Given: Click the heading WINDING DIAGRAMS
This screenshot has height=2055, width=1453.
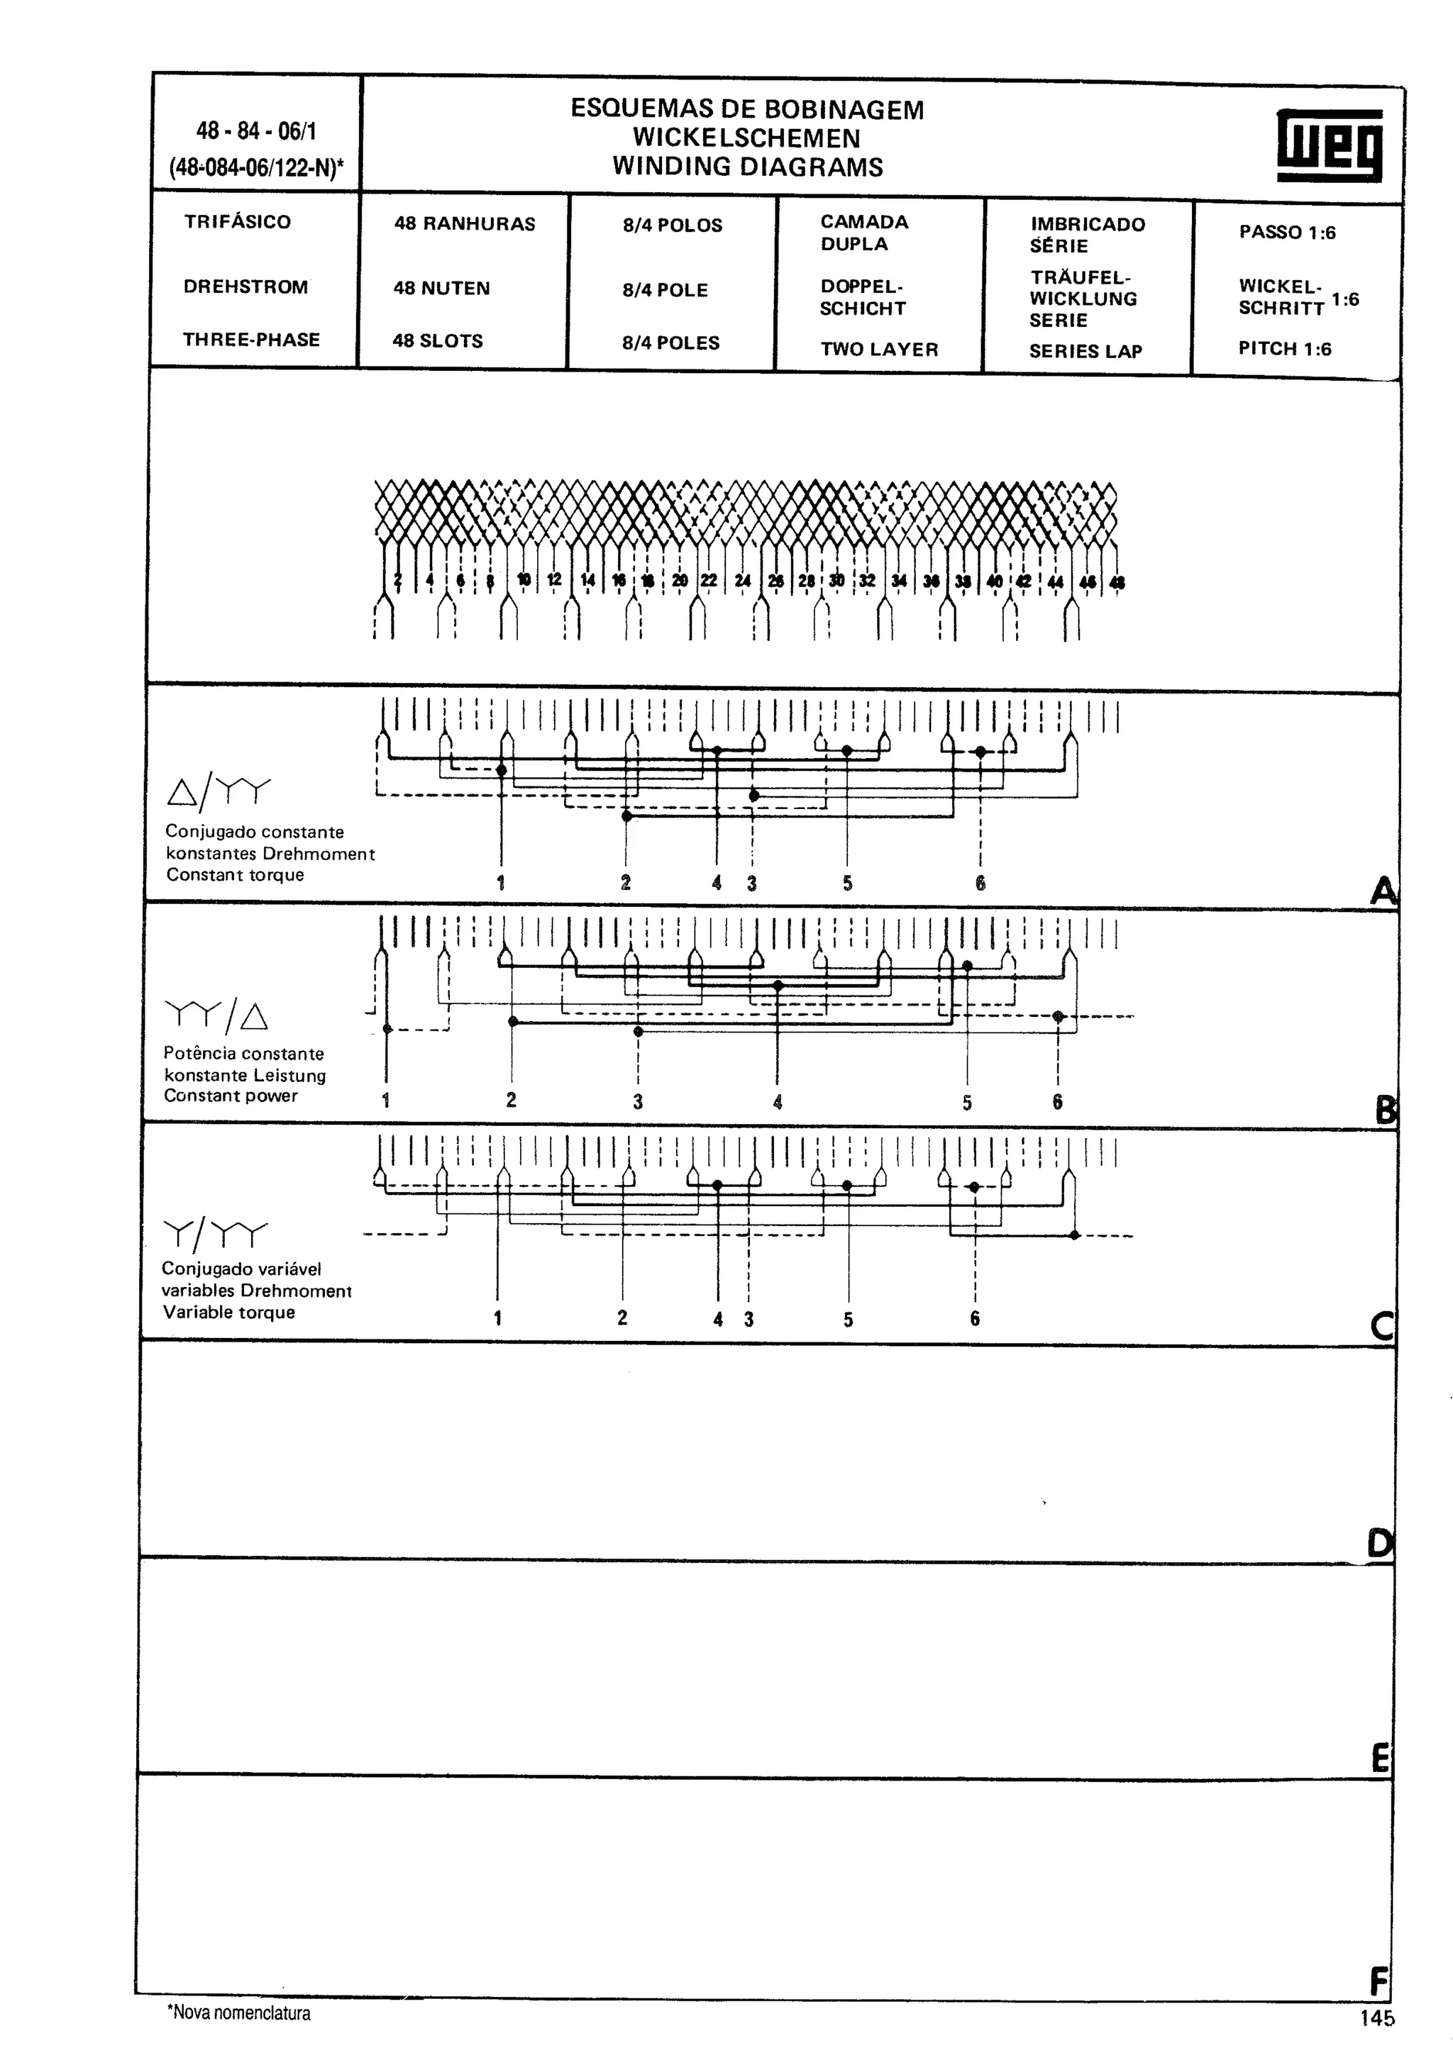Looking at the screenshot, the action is (748, 167).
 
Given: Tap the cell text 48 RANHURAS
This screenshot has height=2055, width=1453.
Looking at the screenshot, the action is (465, 224).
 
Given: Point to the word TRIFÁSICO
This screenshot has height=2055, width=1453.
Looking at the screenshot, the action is (237, 222).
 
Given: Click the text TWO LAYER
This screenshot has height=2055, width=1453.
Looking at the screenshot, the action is (879, 349).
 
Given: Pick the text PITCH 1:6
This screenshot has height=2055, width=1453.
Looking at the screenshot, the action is (1285, 348).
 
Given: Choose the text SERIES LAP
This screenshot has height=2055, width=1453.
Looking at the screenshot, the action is (1085, 351).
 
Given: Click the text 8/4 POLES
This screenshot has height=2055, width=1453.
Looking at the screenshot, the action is (670, 342).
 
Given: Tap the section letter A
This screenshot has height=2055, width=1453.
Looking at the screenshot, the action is (1383, 891).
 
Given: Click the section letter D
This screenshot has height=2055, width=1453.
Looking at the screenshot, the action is (1380, 1544).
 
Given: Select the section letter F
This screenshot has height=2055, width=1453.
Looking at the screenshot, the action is (1379, 1981).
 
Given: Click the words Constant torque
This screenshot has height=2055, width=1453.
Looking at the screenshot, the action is (235, 874).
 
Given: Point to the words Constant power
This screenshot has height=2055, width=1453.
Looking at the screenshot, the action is (230, 1096).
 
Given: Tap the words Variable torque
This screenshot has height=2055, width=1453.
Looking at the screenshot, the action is (228, 1312).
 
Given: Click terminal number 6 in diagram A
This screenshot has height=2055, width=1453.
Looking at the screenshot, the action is (980, 884).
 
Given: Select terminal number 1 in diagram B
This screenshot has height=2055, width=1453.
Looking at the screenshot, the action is (386, 1100).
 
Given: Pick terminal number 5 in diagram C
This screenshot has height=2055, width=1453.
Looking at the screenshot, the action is (848, 1319).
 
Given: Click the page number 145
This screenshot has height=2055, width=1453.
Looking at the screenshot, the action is (1377, 2018).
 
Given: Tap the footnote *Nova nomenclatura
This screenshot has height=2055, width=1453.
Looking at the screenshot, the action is (239, 2013).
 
